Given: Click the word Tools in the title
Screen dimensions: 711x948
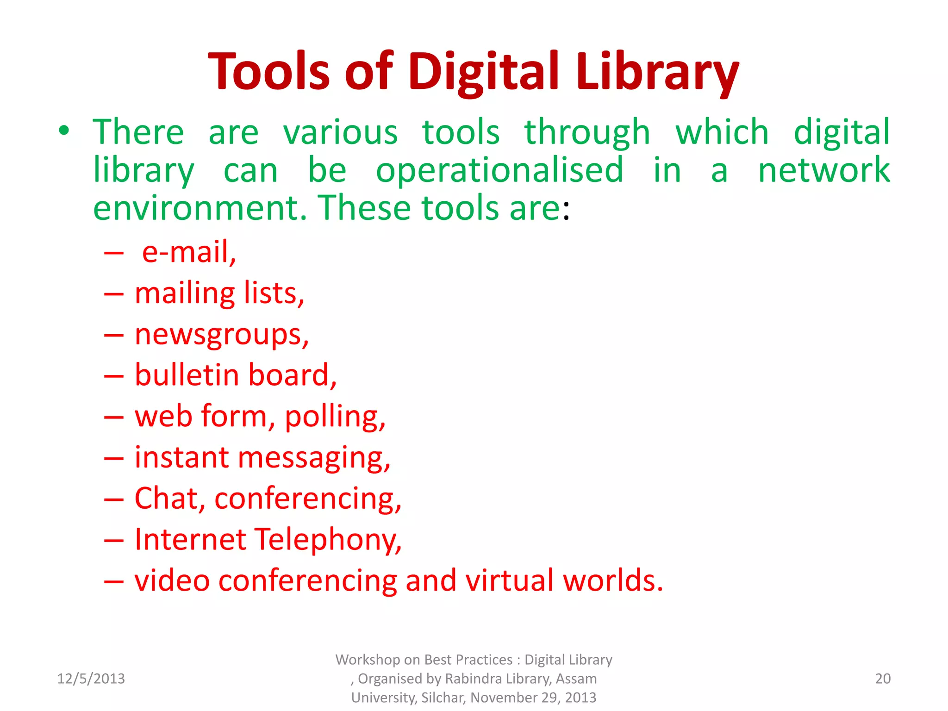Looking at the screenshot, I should pos(268,72).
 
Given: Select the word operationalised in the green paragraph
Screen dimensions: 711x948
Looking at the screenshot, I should pos(499,170).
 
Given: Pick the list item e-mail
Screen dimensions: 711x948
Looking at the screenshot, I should pos(189,252).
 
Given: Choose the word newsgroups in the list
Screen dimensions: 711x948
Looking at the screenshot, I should pos(221,335).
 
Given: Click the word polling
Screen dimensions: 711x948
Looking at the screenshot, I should pos(335,417).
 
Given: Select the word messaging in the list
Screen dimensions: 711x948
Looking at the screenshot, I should pos(314,458).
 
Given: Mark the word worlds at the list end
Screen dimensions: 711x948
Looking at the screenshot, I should pos(613,580).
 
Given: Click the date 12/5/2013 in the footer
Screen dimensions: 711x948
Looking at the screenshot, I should pos(91,679).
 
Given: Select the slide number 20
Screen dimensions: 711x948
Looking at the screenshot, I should pos(883,679).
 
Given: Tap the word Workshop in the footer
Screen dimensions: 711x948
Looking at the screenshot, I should pos(368,660).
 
